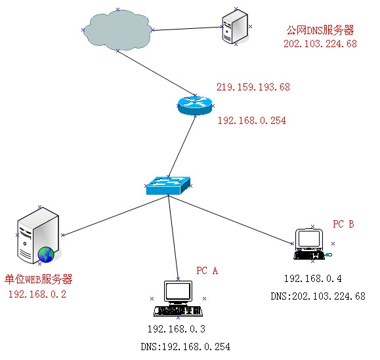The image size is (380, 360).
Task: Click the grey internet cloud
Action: [117, 30]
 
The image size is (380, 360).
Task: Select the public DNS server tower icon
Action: [235, 27]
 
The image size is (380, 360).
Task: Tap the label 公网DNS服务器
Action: [320, 30]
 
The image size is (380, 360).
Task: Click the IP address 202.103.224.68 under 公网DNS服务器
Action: [320, 44]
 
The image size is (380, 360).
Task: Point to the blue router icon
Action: [195, 106]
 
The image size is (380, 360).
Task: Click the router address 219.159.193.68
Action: [253, 87]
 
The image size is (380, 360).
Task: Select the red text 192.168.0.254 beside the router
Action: [252, 121]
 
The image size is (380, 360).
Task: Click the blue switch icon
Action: [168, 186]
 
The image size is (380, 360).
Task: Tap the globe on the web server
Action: [46, 254]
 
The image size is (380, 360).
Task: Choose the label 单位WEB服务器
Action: [39, 279]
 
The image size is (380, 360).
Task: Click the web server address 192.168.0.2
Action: [37, 294]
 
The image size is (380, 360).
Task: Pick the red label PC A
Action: [207, 271]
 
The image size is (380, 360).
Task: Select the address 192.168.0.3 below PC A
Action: [177, 329]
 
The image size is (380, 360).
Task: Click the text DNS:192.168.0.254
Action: [185, 347]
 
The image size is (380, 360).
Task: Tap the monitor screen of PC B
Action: [309, 239]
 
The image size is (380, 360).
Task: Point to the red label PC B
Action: [343, 224]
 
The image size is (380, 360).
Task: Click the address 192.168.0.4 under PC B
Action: [313, 279]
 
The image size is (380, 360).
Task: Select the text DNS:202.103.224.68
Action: [318, 296]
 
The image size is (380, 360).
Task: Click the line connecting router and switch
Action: [182, 146]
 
